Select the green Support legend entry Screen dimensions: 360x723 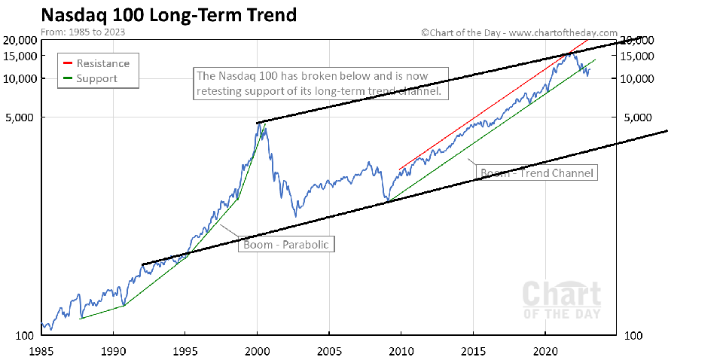click(97, 78)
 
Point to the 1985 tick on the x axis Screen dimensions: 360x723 click(41, 350)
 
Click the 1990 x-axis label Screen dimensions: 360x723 click(113, 350)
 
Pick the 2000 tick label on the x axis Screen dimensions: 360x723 click(257, 350)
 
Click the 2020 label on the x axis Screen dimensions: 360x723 click(545, 350)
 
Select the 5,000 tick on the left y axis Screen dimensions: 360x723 click(24, 117)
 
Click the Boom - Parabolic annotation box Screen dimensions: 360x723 click(285, 245)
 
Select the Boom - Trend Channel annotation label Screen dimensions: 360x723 click(537, 172)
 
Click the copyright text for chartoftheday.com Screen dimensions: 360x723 click(519, 33)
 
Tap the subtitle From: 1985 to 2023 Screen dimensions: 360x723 click(82, 32)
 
